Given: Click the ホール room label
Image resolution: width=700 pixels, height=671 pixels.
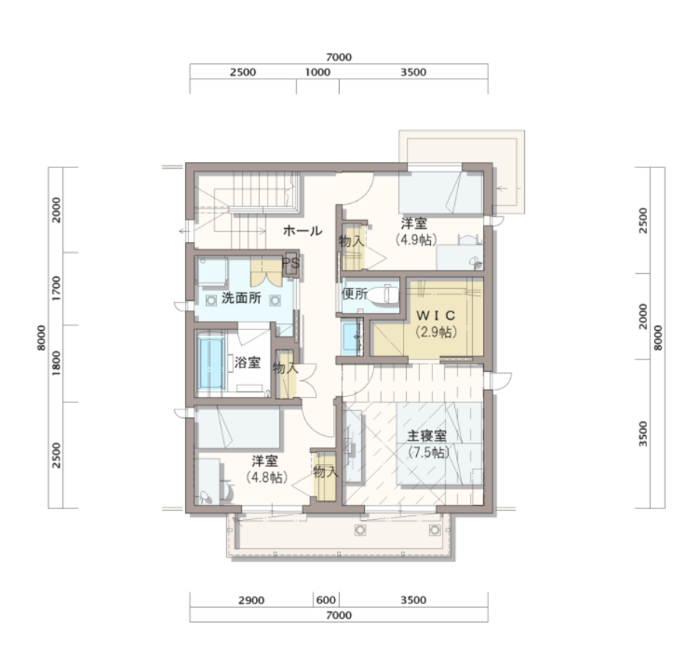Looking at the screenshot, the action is click(x=303, y=231).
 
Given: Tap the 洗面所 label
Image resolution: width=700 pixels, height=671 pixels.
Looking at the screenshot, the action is click(x=242, y=298).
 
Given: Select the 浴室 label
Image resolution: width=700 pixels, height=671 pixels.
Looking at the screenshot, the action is click(x=247, y=362).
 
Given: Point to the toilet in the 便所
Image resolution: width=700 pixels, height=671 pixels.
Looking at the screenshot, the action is click(x=385, y=294).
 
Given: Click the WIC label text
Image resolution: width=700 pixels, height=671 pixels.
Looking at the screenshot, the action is click(x=436, y=315).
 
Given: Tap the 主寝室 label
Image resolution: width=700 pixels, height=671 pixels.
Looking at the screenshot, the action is click(x=426, y=436).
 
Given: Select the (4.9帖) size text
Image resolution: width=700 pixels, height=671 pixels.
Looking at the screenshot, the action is click(x=416, y=240).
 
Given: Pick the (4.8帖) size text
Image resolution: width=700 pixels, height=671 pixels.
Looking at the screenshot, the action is click(x=267, y=477).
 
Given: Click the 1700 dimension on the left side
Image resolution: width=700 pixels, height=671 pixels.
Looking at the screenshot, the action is click(x=56, y=288).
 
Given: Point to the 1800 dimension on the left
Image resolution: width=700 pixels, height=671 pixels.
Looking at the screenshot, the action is click(x=56, y=363).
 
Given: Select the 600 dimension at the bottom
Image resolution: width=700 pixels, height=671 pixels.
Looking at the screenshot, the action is click(x=326, y=600).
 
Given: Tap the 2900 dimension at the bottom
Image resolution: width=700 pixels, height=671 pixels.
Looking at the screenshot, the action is click(x=251, y=600).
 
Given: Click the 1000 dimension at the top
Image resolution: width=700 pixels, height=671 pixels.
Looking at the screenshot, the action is click(x=317, y=72).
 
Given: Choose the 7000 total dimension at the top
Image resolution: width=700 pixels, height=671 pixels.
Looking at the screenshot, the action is click(x=339, y=57).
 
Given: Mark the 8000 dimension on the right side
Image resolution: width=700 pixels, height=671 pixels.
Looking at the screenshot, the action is click(x=658, y=338).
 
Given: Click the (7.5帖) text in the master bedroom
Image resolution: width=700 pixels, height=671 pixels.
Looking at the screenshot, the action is click(x=429, y=452).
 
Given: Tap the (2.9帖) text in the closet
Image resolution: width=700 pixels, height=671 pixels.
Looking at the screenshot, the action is click(x=436, y=332).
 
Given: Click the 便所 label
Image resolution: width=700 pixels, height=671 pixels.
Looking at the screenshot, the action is click(x=355, y=294).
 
